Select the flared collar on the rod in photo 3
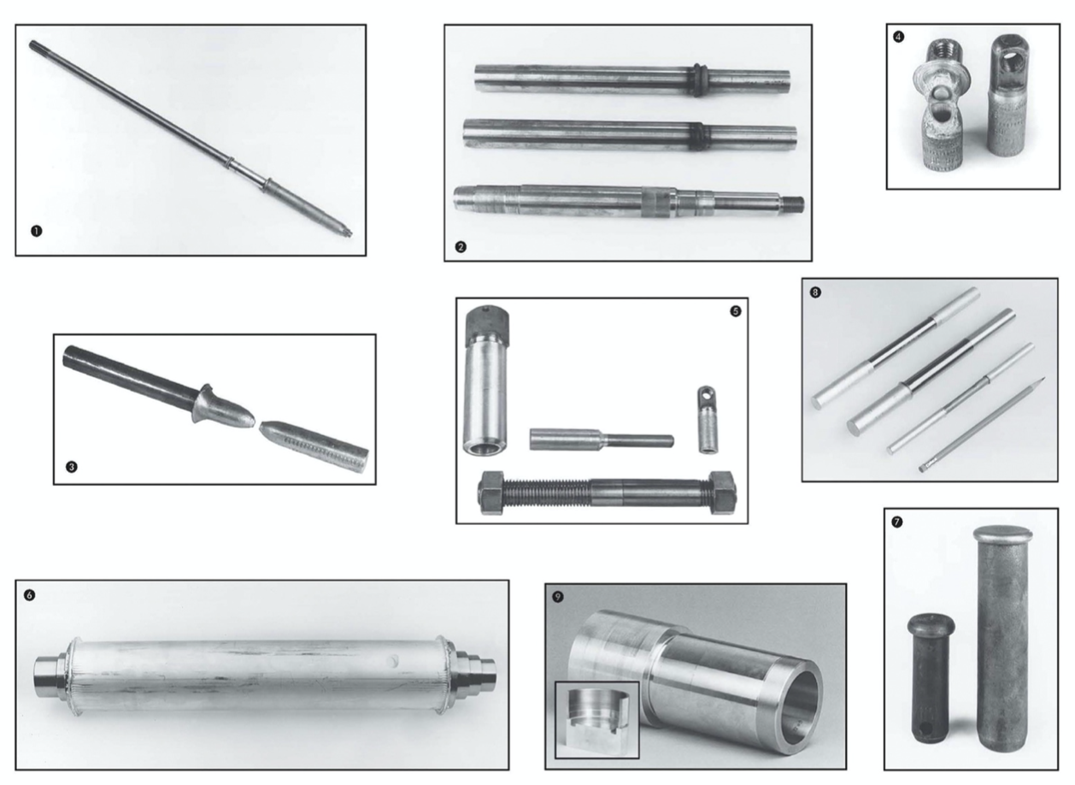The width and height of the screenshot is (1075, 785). (206, 400)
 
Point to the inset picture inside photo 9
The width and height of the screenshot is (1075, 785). (596, 719)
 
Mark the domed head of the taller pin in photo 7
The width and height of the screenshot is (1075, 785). (1002, 535)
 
